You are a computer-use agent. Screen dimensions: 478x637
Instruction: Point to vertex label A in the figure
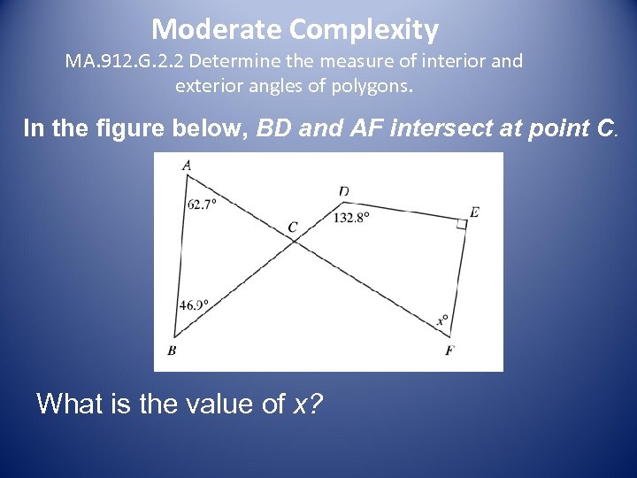pos(187,165)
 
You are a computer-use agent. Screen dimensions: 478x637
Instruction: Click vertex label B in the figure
pos(171,350)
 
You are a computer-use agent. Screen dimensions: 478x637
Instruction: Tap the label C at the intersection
pos(293,227)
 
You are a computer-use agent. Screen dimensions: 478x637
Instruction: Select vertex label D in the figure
pos(343,191)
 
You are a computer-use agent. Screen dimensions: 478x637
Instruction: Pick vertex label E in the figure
pos(475,212)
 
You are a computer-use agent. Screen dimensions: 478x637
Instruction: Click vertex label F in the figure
pos(449,351)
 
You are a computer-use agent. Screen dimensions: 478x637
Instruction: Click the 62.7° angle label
pos(202,204)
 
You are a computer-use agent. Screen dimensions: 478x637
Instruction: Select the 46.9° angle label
pos(194,305)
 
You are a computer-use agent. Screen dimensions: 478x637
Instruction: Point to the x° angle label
pos(442,320)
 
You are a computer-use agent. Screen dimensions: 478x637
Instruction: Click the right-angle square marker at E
pos(461,225)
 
